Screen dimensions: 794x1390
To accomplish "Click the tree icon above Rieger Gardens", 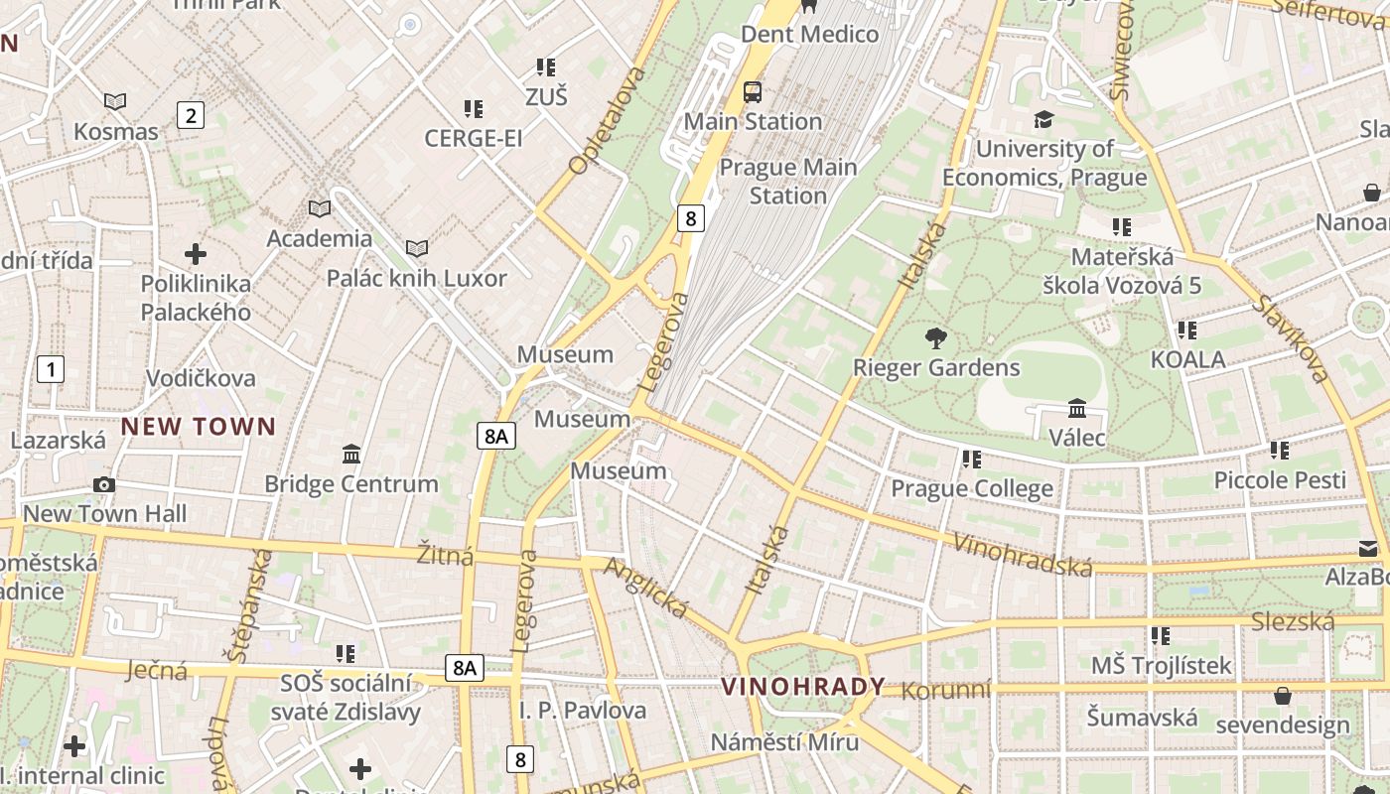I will point(935,338).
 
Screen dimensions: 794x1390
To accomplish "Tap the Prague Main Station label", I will point(788,181).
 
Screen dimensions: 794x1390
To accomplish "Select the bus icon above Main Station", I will point(753,92).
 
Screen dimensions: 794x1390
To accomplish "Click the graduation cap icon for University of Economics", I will point(1043,119).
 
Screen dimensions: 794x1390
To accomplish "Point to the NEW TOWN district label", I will point(199,427).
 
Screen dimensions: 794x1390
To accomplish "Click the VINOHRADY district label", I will point(803,687).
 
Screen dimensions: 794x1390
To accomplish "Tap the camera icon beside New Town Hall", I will point(104,484).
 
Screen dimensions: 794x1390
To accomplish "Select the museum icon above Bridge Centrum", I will point(351,454).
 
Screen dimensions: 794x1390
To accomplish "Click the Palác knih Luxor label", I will point(417,278).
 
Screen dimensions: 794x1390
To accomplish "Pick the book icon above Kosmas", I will point(115,101).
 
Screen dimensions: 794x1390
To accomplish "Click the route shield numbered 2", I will point(190,115).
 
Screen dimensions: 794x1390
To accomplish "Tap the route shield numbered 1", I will point(50,370).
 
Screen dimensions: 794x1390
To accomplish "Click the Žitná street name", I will point(445,555).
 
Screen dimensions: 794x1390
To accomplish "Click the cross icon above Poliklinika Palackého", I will point(196,254).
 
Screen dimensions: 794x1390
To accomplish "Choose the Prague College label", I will point(972,488).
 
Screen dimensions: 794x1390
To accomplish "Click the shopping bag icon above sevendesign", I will point(1283,695).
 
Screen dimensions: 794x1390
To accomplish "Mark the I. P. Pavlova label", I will point(583,711).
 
